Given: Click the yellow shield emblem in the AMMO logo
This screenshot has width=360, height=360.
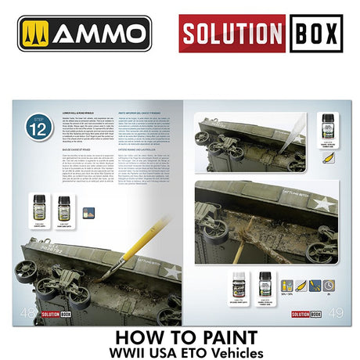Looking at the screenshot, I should coord(36,34).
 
